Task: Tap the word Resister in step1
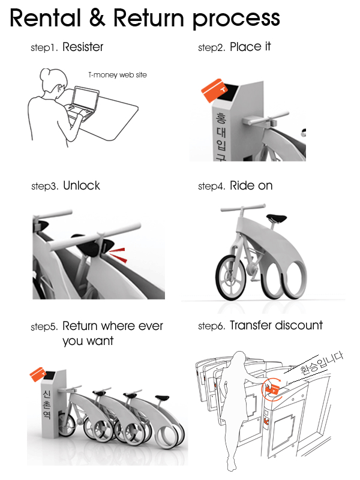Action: (83, 47)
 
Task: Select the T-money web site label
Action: (117, 75)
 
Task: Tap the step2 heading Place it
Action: (250, 47)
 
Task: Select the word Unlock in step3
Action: (82, 186)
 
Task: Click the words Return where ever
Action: (112, 327)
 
